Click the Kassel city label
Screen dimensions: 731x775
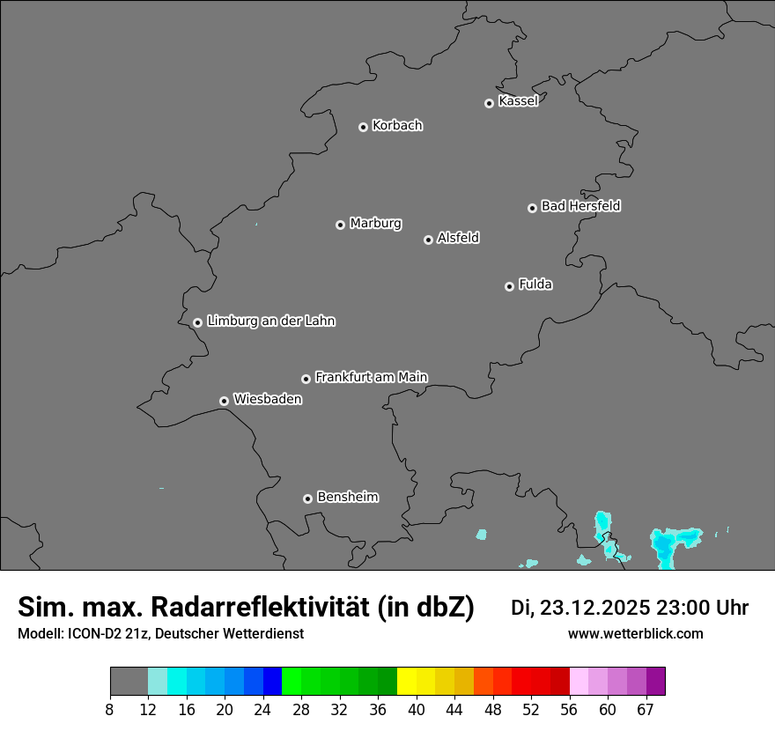pos(518,101)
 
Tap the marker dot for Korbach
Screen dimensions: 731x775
pos(363,127)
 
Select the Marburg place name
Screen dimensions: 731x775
pos(375,224)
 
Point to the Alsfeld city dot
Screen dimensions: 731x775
pos(428,240)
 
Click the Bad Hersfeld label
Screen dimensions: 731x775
pos(580,206)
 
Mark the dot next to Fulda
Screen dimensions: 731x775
pos(509,286)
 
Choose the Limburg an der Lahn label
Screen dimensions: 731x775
pos(270,321)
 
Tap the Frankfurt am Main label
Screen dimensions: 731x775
pos(371,377)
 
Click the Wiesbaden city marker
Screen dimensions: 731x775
pos(224,401)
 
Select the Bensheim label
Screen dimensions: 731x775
pos(347,497)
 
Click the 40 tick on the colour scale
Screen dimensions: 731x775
pos(417,709)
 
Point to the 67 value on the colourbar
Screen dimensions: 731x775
pos(646,709)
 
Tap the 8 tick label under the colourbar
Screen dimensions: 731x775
pos(109,709)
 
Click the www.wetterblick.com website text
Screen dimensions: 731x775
pos(635,634)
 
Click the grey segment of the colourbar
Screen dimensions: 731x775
pos(129,682)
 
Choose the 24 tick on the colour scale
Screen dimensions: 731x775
pos(262,709)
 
